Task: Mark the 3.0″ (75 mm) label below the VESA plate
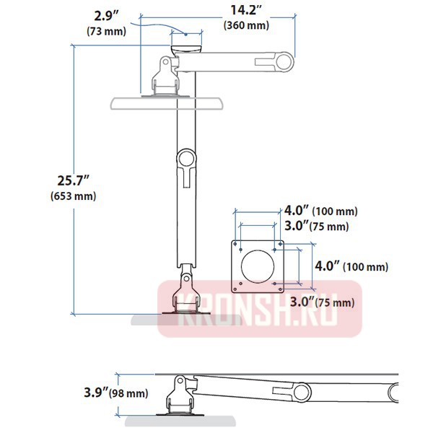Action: click(x=323, y=302)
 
